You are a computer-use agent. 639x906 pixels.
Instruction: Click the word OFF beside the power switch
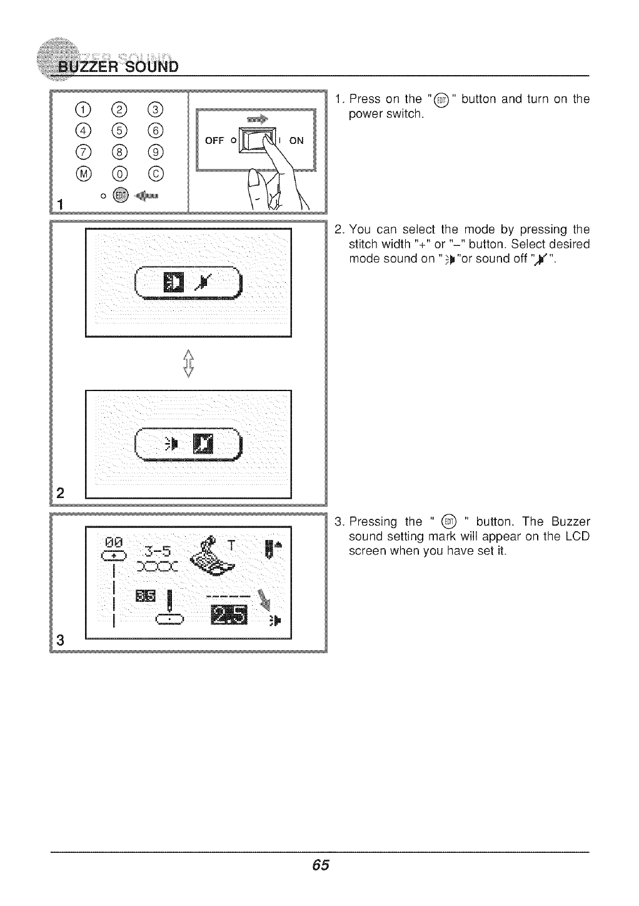tap(214, 141)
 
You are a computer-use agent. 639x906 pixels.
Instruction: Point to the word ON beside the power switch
tap(296, 141)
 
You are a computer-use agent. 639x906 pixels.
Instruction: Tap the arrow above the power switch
tap(257, 118)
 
